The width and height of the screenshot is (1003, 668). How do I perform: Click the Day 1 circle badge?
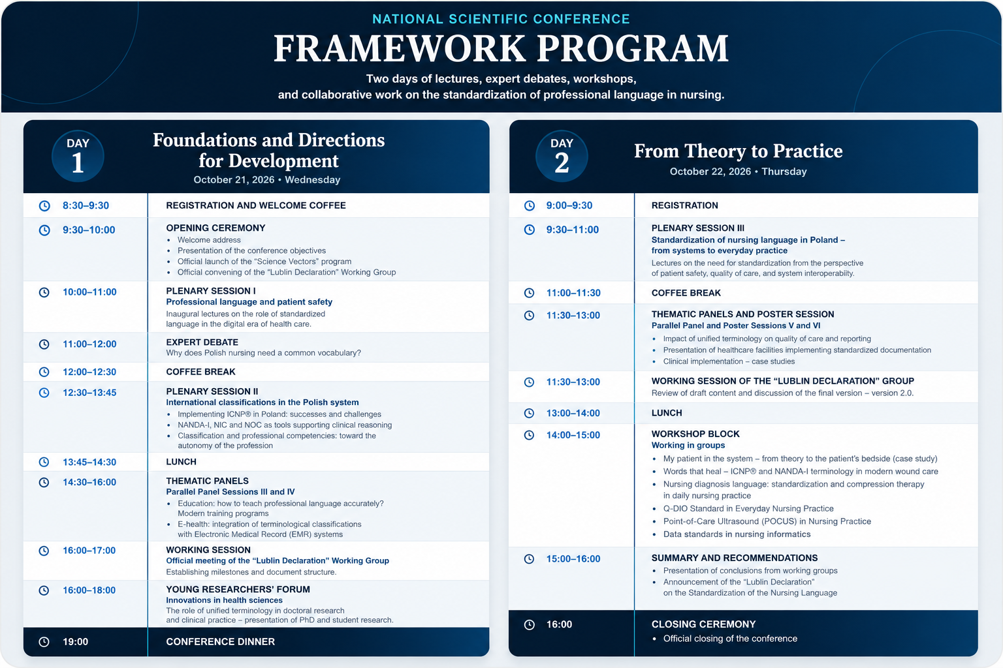[78, 156]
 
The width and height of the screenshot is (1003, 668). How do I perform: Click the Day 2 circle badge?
[562, 156]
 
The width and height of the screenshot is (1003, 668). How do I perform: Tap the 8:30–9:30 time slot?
[86, 205]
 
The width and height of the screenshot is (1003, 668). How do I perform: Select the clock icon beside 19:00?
[44, 642]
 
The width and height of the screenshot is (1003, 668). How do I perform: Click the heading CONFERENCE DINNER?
[220, 642]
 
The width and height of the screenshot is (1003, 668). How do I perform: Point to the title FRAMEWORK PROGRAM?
[501, 48]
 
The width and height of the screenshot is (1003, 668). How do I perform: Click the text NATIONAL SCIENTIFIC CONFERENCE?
[501, 19]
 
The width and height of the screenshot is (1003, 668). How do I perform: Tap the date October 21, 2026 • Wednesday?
[267, 179]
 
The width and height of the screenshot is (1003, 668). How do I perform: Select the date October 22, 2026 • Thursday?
[738, 172]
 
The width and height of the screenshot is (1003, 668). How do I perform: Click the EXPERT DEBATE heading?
[202, 342]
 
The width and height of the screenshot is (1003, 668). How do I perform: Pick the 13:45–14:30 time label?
[89, 462]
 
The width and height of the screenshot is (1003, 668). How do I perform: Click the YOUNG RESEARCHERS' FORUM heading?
[238, 589]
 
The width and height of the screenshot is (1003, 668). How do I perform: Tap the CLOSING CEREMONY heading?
[703, 624]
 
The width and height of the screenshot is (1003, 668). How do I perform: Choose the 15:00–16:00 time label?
[573, 559]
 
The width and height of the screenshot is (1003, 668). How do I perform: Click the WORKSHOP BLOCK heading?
[695, 434]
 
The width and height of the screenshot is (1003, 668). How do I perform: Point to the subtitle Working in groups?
[688, 445]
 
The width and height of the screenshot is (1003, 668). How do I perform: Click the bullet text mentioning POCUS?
[767, 521]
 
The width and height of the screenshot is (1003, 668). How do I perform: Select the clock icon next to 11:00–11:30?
[530, 293]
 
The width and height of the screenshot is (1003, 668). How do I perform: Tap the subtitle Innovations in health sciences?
[225, 600]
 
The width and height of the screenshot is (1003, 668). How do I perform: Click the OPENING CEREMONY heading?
[216, 228]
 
